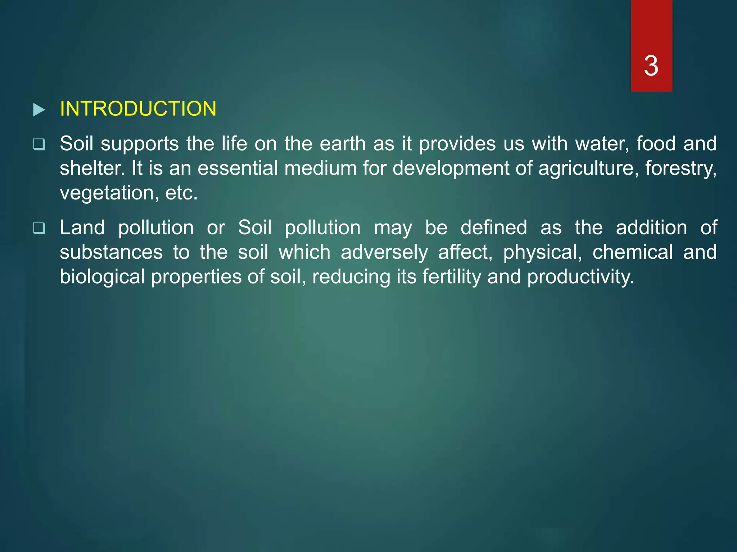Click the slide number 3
click(651, 66)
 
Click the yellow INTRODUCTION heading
click(138, 109)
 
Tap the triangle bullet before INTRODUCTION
click(39, 110)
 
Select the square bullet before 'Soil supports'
click(39, 144)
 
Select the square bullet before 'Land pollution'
click(39, 228)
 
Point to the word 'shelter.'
click(92, 168)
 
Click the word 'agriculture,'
click(588, 168)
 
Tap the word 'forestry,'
click(681, 168)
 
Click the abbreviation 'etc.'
click(181, 193)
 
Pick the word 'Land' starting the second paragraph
click(82, 228)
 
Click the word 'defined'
click(494, 228)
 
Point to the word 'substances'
click(111, 252)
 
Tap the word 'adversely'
click(384, 252)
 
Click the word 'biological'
click(102, 277)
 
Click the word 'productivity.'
click(580, 277)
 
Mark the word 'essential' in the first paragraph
click(238, 168)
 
